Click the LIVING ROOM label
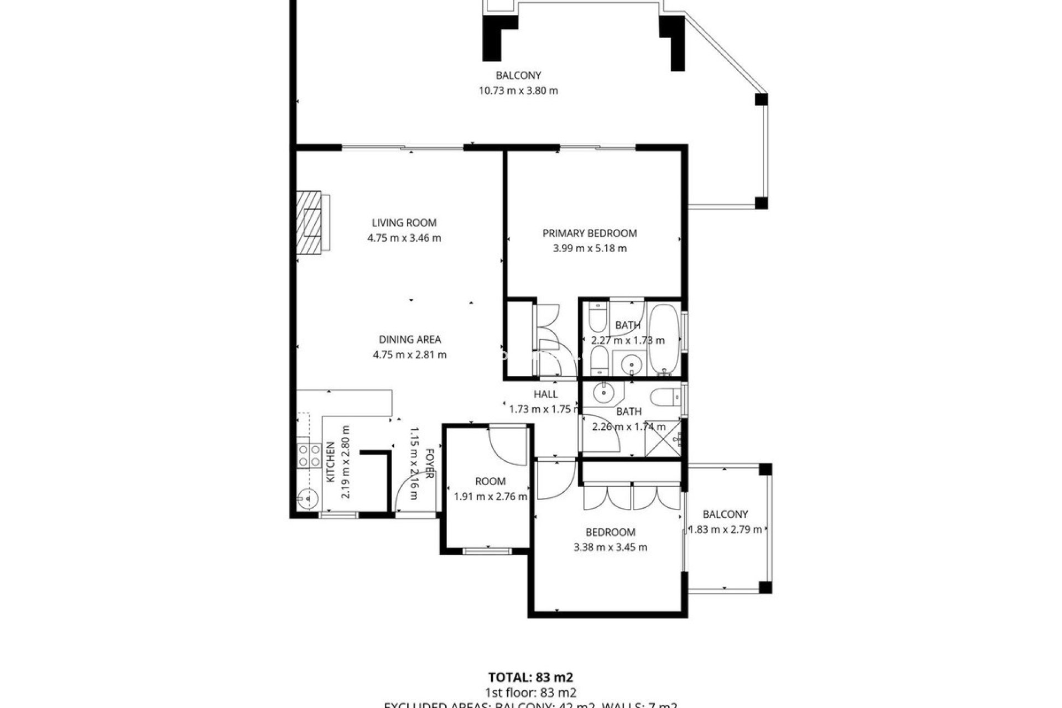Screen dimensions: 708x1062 point(404,222)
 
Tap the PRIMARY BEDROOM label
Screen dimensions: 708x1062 point(590,233)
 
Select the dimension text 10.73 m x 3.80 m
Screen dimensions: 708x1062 point(518,91)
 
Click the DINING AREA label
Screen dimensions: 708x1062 point(409,340)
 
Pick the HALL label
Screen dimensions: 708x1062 point(545,394)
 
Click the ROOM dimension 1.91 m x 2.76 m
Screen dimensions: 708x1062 point(490,496)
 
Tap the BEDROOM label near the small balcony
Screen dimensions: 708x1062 point(610,532)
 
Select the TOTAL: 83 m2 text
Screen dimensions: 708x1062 point(530,677)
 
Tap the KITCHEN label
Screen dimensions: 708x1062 point(330,462)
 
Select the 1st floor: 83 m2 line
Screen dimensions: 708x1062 point(530,693)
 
